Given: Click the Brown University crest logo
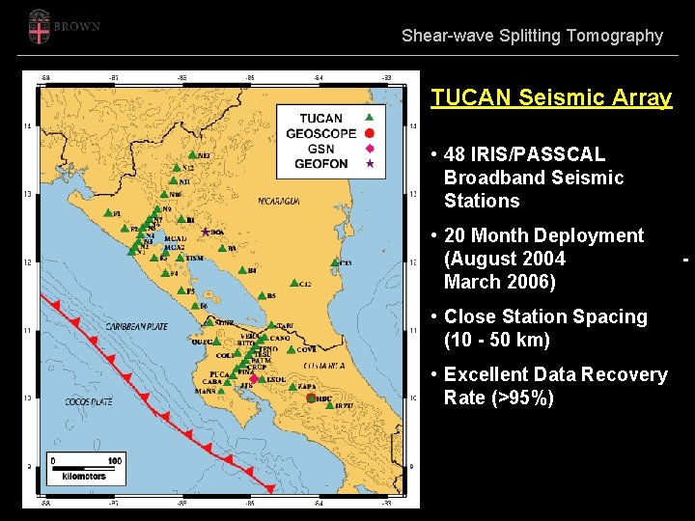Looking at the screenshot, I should [40, 27].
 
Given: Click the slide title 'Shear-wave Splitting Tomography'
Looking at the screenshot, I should [532, 36].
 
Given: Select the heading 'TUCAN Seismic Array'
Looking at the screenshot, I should [551, 97].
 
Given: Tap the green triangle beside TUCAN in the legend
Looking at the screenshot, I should [369, 119].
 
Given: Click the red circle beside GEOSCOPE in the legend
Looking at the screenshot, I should [369, 133].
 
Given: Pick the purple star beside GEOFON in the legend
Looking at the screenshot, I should [369, 164].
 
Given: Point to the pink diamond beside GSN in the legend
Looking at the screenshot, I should [369, 149].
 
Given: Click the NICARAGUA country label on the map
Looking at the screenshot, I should [279, 201].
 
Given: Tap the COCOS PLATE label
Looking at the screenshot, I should [89, 401].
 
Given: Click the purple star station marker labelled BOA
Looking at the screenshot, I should [206, 232].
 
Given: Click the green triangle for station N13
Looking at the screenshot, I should [192, 154].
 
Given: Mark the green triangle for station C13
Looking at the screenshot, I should [334, 261].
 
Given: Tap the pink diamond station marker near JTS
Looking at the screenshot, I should [253, 379].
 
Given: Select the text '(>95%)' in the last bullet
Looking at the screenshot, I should [521, 398].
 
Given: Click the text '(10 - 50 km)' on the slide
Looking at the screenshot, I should [497, 340].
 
